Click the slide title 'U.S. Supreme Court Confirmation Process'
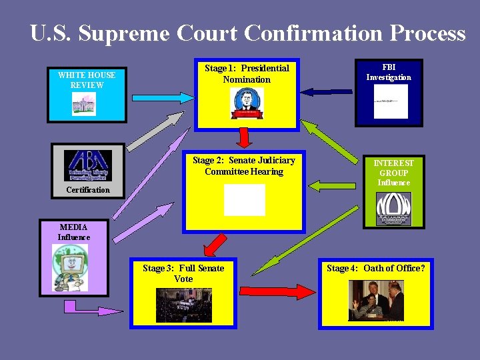[x=247, y=33]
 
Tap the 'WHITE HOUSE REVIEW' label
[x=87, y=80]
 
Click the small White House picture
[x=84, y=103]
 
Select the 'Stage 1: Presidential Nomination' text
[x=247, y=73]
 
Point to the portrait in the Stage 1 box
[x=247, y=103]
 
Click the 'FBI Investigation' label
[x=389, y=72]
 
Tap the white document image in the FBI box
[x=391, y=101]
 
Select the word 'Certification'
[x=88, y=190]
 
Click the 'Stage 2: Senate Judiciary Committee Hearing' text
[x=244, y=165]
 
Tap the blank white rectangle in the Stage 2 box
[x=244, y=200]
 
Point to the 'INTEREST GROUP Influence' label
[x=393, y=172]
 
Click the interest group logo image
[x=393, y=209]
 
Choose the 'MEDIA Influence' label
[x=73, y=231]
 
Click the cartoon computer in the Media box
[x=70, y=267]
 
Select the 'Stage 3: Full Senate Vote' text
[x=183, y=273]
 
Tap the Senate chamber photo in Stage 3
[x=183, y=305]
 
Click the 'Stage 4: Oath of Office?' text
[x=376, y=268]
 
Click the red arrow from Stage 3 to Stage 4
[x=277, y=291]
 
